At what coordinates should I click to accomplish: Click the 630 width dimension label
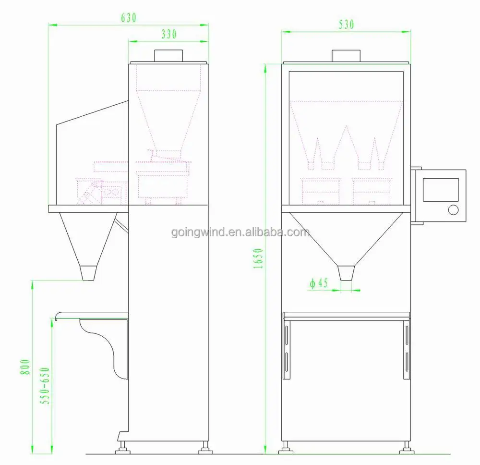click(129, 18)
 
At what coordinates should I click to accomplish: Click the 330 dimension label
click(169, 34)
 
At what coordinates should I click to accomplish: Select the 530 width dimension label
click(346, 24)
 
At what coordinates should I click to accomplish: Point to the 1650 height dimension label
click(258, 259)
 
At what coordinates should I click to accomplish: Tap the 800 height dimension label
click(25, 367)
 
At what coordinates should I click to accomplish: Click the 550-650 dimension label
click(45, 386)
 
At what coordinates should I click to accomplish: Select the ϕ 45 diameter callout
click(319, 283)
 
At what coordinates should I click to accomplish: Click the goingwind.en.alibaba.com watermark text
click(240, 232)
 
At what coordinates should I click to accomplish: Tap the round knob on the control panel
click(454, 210)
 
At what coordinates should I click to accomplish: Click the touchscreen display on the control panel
click(441, 190)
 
